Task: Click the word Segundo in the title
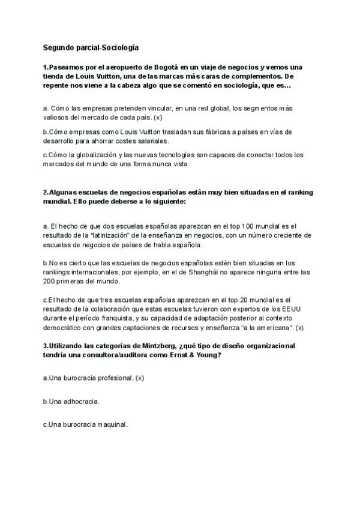57,47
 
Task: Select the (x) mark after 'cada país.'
158,118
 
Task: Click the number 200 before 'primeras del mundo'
49,281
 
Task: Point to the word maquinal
110,424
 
